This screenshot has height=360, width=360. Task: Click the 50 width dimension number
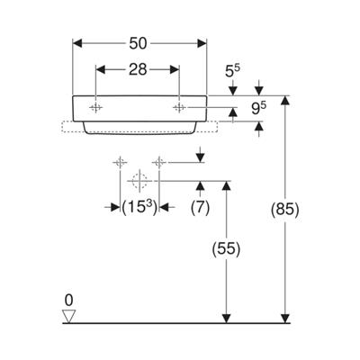point(138,44)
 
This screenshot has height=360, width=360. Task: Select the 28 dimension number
point(138,69)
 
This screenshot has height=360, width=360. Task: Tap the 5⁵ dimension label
point(232,71)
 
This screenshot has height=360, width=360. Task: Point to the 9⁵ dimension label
point(259,108)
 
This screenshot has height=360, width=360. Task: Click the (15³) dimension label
point(139,207)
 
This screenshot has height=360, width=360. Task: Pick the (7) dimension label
point(200,207)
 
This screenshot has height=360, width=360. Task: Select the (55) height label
point(226,248)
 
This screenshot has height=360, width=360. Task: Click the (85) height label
point(284,209)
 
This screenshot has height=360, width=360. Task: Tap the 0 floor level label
point(68,301)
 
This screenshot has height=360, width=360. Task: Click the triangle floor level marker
point(68,317)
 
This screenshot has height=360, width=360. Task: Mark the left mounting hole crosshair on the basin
point(95,107)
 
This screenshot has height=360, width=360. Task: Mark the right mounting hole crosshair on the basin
point(179,107)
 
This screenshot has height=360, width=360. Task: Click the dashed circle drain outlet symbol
point(139,181)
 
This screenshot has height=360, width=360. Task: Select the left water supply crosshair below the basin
point(120,163)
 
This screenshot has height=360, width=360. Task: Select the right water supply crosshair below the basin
point(158,163)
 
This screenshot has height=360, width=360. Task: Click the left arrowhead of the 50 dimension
point(77,43)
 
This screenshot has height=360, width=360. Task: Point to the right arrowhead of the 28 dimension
point(175,69)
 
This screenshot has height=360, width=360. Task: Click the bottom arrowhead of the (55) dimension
point(226,319)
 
